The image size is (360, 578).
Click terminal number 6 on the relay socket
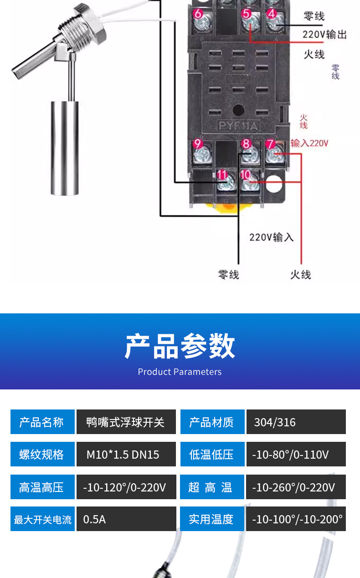(198, 14)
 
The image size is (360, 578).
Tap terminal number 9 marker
(197, 144)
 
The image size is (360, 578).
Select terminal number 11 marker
(222, 175)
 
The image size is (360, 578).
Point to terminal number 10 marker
(245, 174)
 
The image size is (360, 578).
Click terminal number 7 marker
(270, 144)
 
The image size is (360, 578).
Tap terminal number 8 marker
(247, 144)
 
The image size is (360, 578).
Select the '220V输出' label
(324, 35)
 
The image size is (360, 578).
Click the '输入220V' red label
(309, 143)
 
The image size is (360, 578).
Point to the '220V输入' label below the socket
(271, 237)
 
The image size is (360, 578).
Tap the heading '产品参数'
(180, 346)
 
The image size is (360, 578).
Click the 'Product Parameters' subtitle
(180, 372)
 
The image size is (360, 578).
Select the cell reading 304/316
(296, 422)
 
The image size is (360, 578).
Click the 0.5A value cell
(126, 519)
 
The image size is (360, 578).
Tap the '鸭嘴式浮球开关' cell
(126, 422)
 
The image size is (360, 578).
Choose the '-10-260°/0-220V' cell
(296, 487)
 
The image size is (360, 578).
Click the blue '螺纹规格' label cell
(42, 455)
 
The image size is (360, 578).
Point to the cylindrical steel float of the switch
(62, 148)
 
